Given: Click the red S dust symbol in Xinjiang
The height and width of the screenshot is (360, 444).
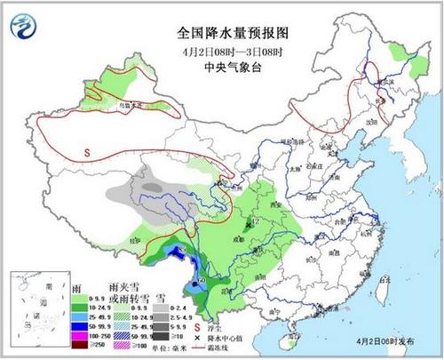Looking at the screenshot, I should coord(87,152).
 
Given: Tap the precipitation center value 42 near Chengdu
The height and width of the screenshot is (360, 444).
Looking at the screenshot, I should coord(254,220).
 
